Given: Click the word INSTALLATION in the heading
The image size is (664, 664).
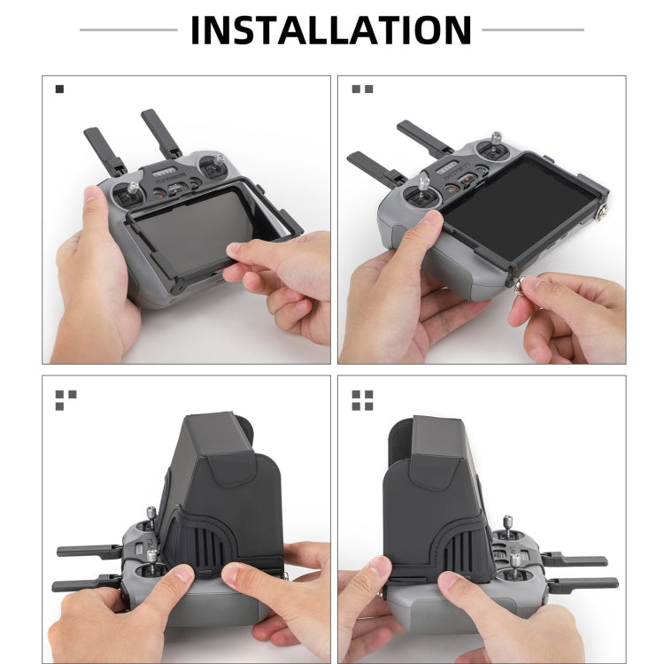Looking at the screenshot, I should pyautogui.click(x=330, y=29).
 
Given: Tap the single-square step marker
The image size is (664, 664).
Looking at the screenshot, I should pyautogui.click(x=59, y=89).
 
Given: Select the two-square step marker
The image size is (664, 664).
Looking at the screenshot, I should pyautogui.click(x=362, y=89).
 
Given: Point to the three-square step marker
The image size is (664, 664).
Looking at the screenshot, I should pyautogui.click(x=66, y=399).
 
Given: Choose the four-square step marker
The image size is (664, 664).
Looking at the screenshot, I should pyautogui.click(x=362, y=399).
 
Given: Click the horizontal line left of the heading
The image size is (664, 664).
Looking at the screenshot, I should pyautogui.click(x=128, y=30).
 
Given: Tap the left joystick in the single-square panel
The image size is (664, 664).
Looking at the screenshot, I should pyautogui.click(x=134, y=188).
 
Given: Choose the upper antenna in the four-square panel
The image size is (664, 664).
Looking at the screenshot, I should pyautogui.click(x=575, y=561).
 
